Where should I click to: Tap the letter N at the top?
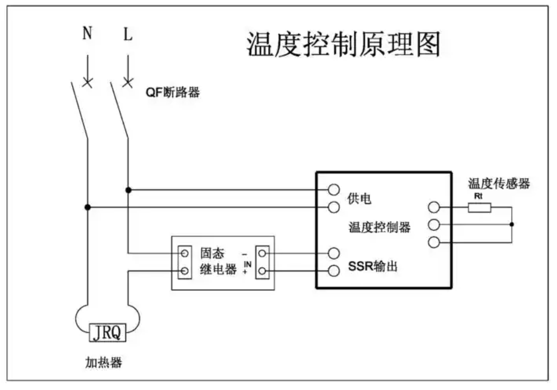click(87, 35)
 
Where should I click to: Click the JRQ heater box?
click(108, 333)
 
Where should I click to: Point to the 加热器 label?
click(104, 363)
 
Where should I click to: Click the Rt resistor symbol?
click(480, 208)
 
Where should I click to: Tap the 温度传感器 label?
click(499, 184)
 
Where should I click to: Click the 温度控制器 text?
click(380, 227)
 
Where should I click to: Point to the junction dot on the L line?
click(128, 190)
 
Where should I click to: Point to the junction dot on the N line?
click(87, 207)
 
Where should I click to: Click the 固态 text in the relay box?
click(212, 253)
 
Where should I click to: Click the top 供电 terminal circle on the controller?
click(334, 189)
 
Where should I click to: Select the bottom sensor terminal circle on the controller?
click(433, 243)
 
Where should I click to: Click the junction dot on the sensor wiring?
click(512, 225)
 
